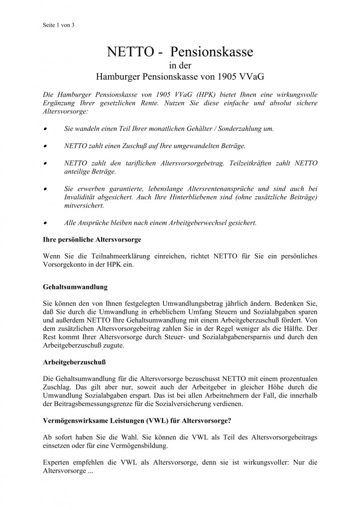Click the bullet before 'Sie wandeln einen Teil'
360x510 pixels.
[x=45, y=128]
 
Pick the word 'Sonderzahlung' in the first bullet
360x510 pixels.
[x=246, y=128]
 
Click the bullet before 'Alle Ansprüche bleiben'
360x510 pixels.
[x=45, y=223]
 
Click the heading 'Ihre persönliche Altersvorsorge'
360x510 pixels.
[x=92, y=240]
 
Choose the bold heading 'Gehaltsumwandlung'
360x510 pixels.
[x=75, y=287]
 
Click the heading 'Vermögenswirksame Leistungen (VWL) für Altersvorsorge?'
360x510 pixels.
[x=137, y=421]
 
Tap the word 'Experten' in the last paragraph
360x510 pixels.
[x=58, y=462]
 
